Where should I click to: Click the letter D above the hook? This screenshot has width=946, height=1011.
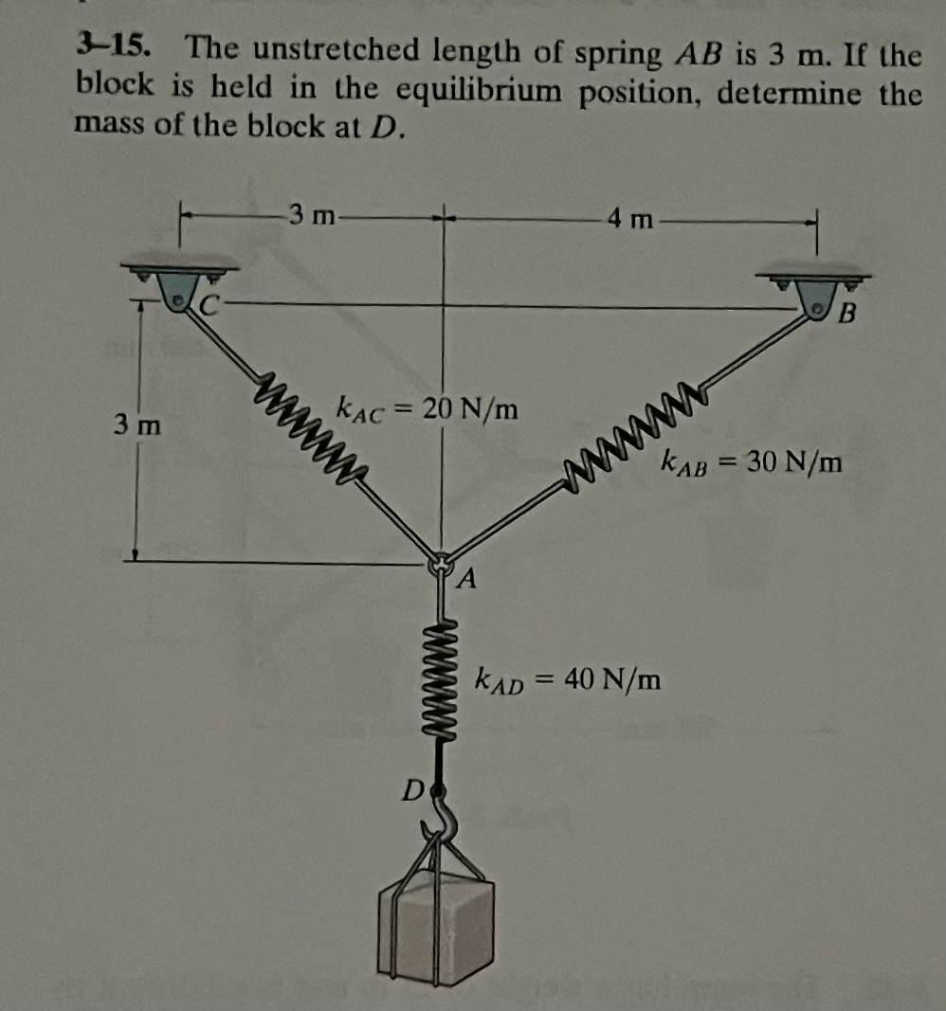[x=409, y=787]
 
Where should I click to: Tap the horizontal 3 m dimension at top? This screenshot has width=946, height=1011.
[x=314, y=217]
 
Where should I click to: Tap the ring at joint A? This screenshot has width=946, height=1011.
[x=441, y=565]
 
